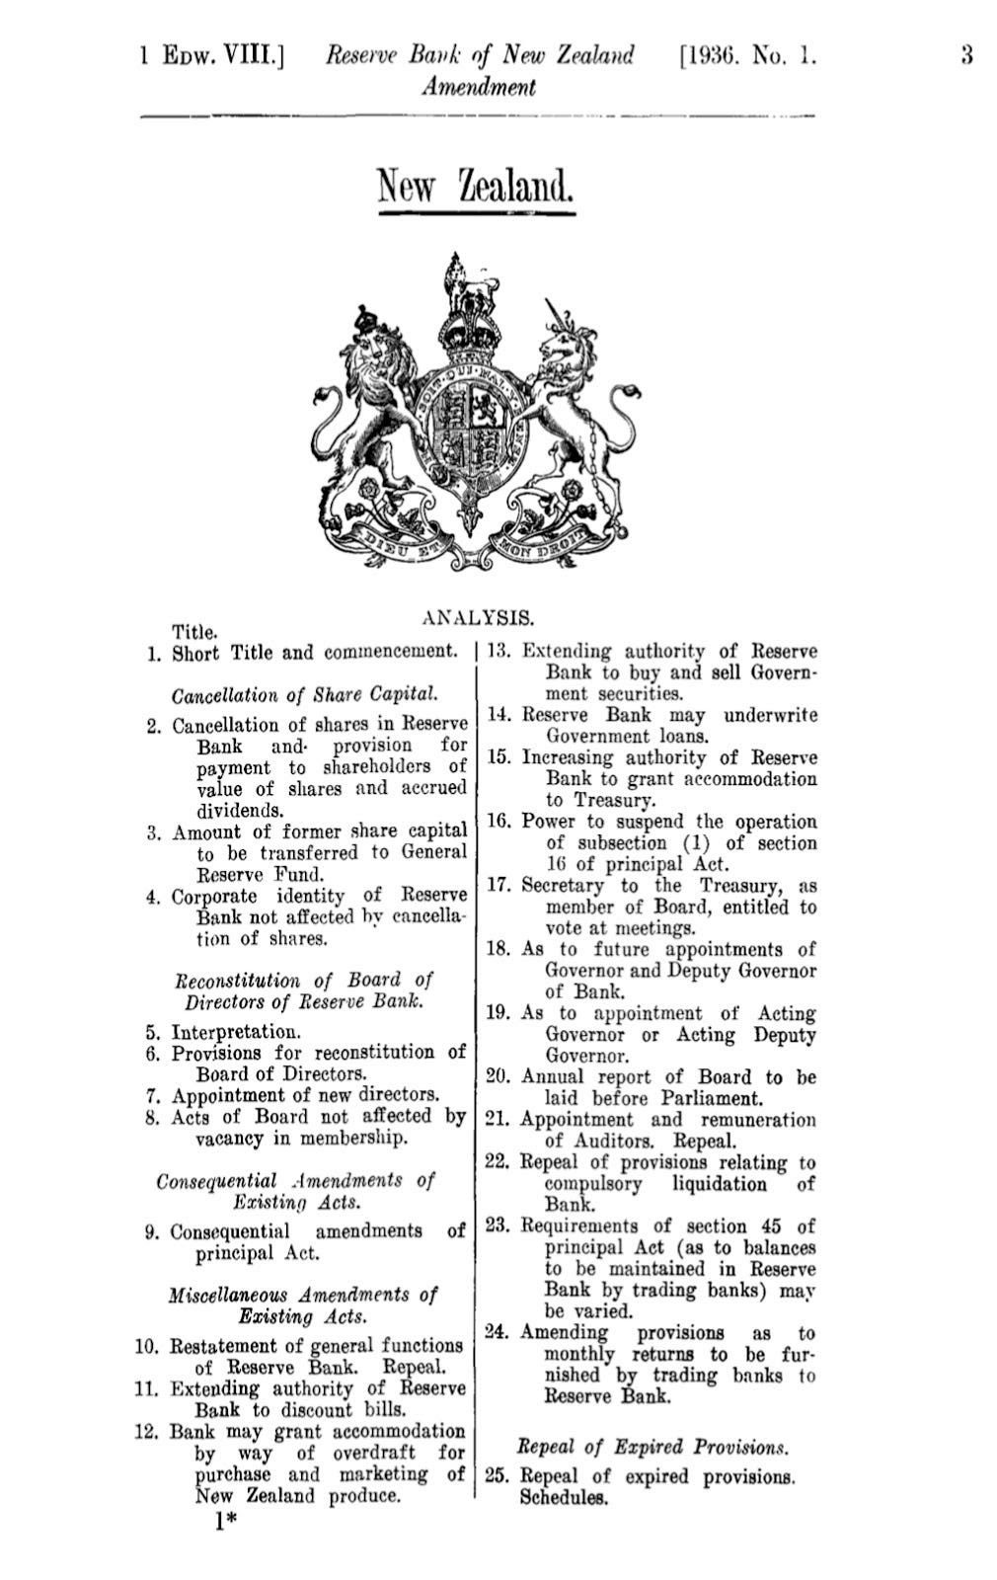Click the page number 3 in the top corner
[966, 56]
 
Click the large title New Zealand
[476, 184]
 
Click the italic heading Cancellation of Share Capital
[305, 694]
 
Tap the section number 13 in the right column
[498, 652]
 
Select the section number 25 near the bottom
[498, 1477]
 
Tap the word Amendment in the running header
[478, 88]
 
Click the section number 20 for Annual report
[498, 1077]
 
